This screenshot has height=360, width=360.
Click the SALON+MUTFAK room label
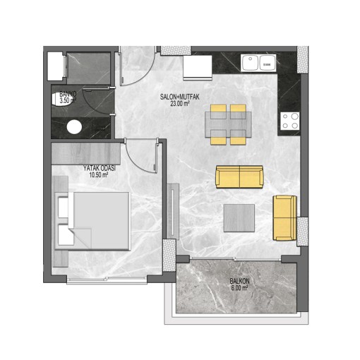pos(179,97)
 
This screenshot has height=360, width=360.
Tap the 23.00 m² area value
pos(180,103)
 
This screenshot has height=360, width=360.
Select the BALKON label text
pos(239,281)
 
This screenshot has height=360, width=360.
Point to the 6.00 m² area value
pos(239,288)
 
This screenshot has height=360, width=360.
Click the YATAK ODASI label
pos(99,168)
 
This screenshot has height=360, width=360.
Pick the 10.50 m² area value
pos(99,174)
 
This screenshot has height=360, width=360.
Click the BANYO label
pos(68,94)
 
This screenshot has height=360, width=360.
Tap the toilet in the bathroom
pos(60,100)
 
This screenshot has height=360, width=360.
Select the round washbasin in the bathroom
pos(74,127)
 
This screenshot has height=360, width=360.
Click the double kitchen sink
pos(258,63)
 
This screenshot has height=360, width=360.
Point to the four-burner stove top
pos(289,121)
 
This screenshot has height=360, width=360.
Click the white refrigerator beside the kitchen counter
pos(198,68)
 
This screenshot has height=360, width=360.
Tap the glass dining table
pos(228,124)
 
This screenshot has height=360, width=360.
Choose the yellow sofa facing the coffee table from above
pos(239,176)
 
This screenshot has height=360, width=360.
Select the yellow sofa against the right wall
pos(284,218)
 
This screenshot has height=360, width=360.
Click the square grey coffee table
pos(239,218)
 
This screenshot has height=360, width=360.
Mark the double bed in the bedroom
pos(92,221)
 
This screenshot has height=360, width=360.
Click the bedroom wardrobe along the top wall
pos(86,154)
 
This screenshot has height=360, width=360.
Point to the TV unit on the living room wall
pos(173,212)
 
